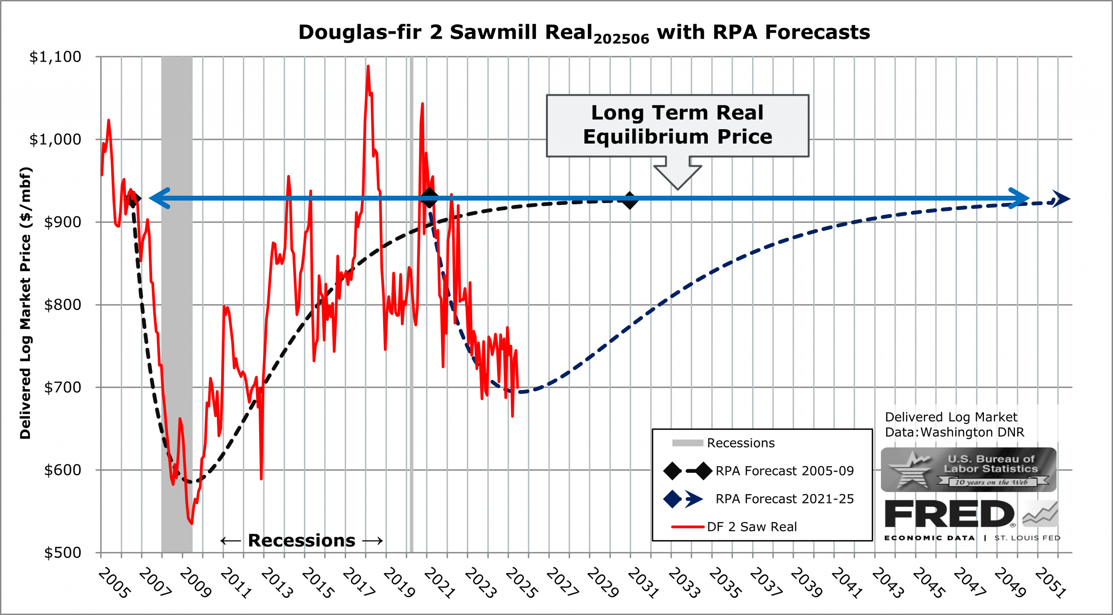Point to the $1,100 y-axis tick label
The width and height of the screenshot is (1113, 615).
55,57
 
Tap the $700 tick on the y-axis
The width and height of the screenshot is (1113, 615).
62,387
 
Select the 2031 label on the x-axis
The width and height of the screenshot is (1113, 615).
643,583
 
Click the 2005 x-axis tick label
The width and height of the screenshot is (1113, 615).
114,583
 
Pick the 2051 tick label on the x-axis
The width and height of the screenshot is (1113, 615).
1050,583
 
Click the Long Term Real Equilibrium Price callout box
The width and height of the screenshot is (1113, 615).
677,125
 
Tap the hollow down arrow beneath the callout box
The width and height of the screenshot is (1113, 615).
677,174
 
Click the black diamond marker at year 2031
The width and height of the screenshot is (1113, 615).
630,201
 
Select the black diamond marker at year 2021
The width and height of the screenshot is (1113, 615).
430,198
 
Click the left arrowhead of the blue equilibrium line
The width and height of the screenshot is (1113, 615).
159,198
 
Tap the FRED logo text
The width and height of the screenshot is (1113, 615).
950,514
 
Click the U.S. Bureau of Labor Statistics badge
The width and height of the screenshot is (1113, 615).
968,470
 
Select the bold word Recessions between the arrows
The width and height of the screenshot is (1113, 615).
301,541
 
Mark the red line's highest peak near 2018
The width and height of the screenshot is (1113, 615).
368,67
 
